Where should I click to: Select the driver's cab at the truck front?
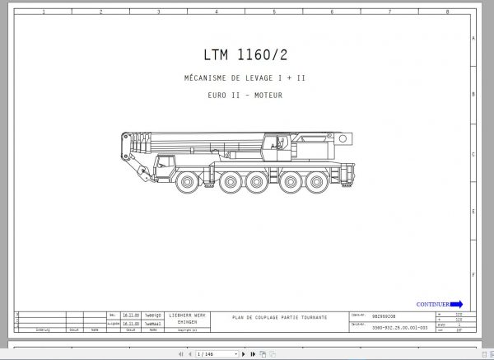click(167, 162)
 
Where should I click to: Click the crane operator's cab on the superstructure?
click(275, 143)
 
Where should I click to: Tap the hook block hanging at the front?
click(142, 174)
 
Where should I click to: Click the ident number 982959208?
click(384, 315)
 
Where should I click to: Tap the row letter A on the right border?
click(473, 39)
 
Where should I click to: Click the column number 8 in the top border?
click(446, 12)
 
